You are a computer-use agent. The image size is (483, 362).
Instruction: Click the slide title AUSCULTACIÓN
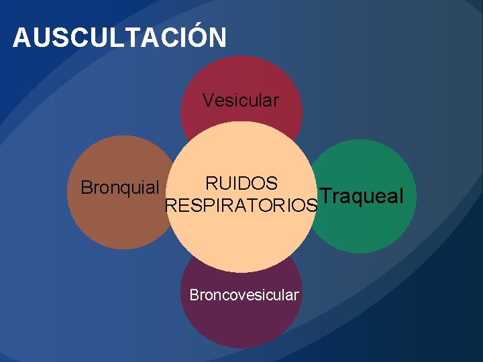click(119, 38)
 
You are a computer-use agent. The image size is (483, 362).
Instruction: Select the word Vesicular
click(241, 101)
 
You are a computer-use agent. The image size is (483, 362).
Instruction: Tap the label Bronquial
click(119, 188)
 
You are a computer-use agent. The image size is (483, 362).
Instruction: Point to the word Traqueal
click(362, 196)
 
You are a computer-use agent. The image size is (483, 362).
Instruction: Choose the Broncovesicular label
click(244, 295)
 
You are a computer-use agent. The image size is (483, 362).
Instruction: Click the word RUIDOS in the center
click(241, 183)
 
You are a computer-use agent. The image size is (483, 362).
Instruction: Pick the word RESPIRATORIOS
click(241, 205)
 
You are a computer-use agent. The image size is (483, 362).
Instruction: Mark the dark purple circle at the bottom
click(241, 322)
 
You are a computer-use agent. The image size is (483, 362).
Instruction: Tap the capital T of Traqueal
click(325, 196)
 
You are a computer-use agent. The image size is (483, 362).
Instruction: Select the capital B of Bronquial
click(85, 188)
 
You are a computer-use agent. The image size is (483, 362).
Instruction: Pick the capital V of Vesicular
click(208, 101)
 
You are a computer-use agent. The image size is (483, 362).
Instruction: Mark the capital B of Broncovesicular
click(194, 295)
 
